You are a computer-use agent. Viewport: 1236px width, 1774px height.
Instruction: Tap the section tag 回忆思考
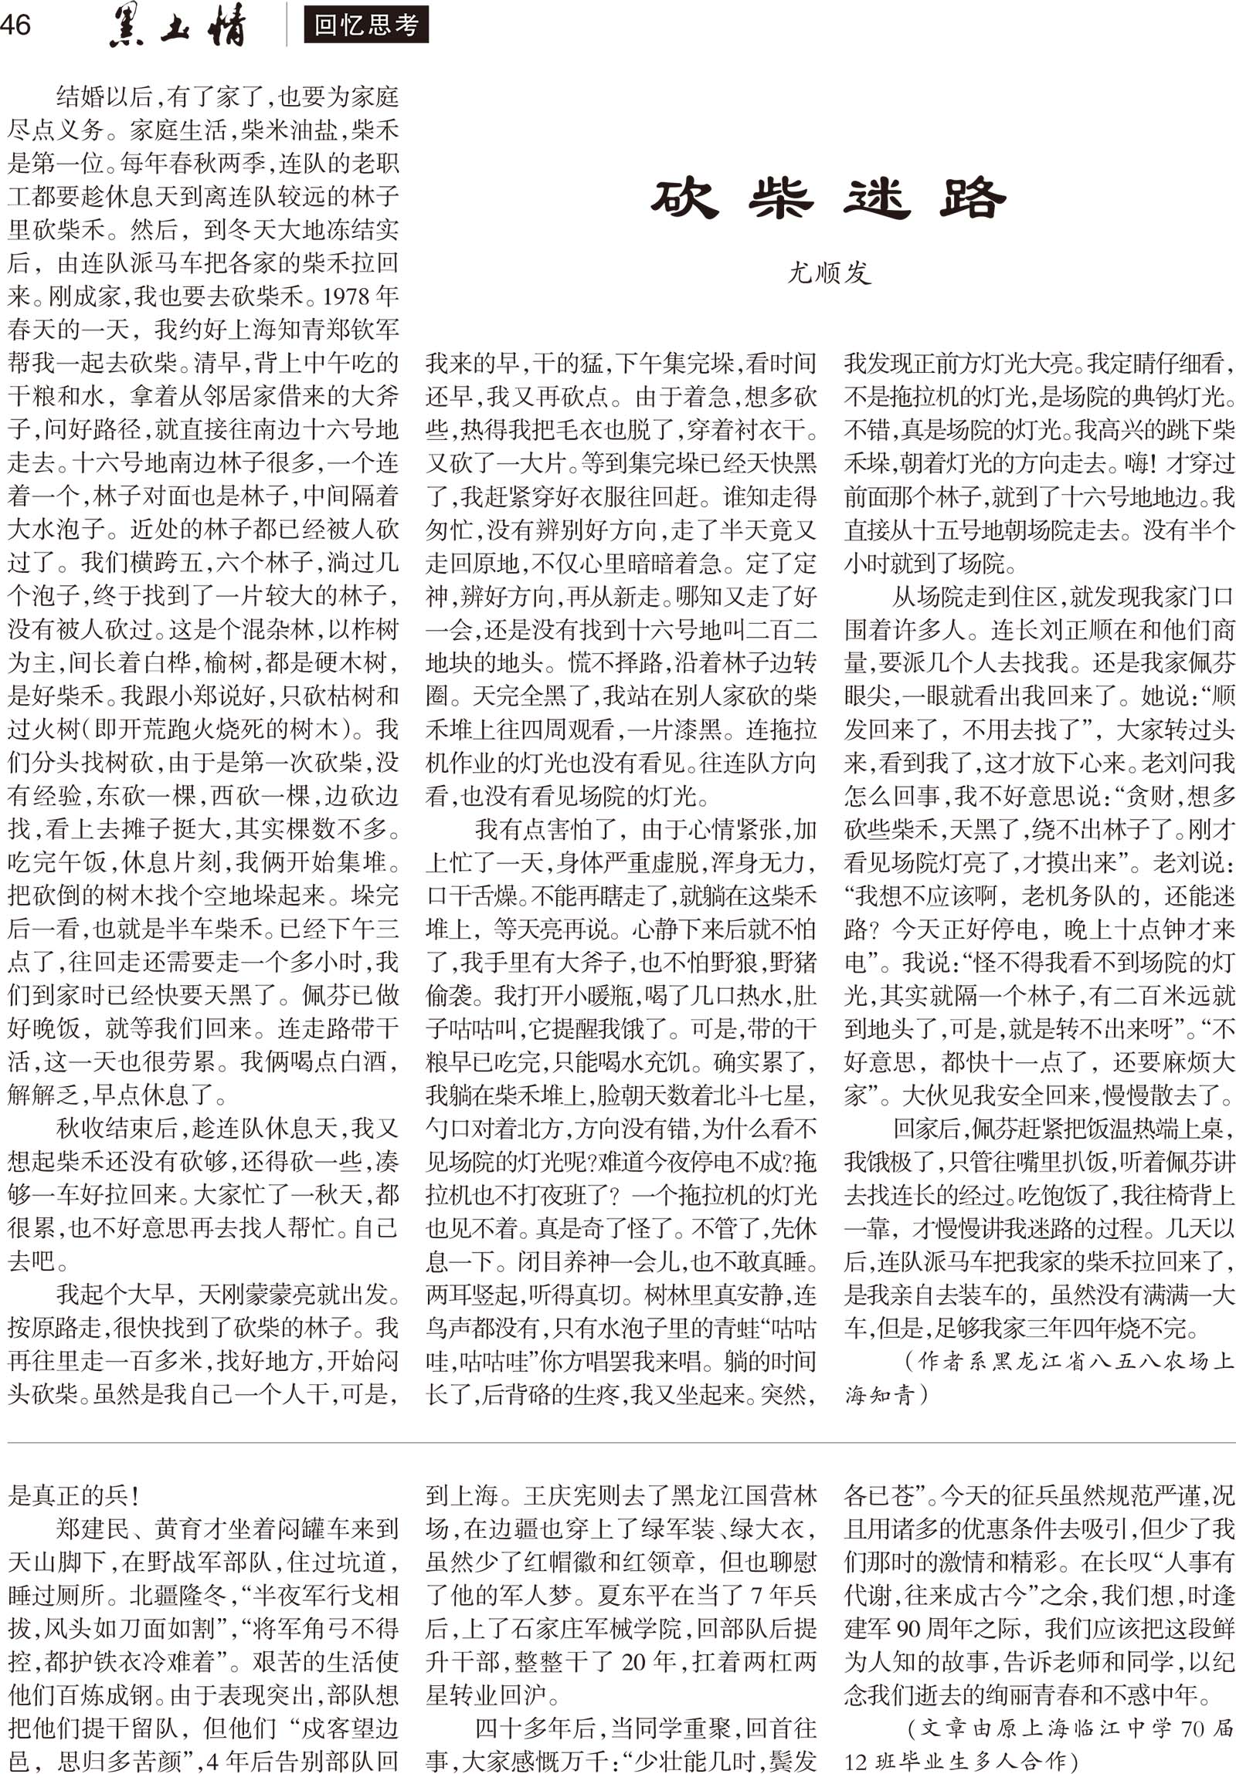(365, 25)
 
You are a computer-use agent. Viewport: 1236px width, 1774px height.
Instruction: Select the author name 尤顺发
(829, 273)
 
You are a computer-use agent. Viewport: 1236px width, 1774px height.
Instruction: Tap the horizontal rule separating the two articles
(619, 1442)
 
